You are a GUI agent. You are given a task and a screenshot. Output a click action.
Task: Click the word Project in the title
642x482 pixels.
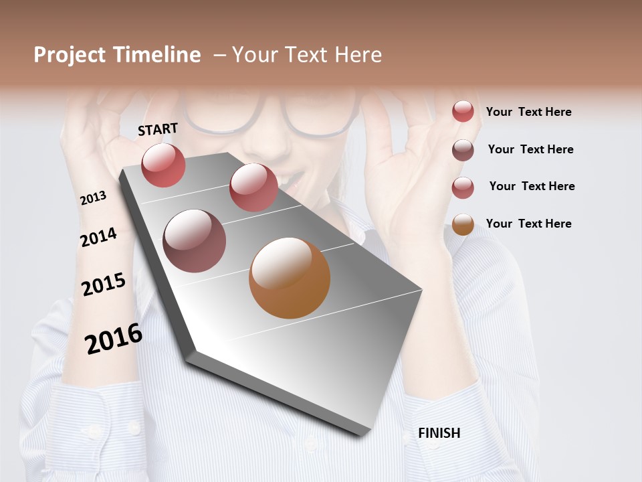click(x=69, y=55)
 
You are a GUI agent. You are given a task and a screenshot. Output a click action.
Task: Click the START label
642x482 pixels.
click(x=158, y=129)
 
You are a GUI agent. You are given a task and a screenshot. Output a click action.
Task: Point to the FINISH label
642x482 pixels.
click(x=439, y=433)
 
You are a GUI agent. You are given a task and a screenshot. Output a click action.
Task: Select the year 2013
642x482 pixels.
click(x=93, y=198)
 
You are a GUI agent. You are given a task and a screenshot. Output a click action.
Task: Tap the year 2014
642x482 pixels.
click(x=98, y=238)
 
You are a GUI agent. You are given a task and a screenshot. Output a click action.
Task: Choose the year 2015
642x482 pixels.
click(x=104, y=285)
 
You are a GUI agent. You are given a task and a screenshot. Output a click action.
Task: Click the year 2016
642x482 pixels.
click(x=114, y=339)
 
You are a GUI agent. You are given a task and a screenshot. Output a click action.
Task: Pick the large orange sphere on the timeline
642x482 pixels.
click(x=290, y=278)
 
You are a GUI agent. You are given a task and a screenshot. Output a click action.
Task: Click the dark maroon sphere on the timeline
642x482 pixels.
click(x=194, y=241)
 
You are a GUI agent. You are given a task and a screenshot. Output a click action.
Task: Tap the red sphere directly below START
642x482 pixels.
click(x=163, y=165)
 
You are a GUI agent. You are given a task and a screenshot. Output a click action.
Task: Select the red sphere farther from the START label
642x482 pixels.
click(x=253, y=187)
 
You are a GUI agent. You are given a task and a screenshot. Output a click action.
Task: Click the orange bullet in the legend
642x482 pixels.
click(x=463, y=224)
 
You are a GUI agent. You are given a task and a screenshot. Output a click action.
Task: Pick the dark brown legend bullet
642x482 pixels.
click(x=463, y=150)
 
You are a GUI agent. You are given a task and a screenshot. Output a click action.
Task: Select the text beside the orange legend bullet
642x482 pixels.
click(x=528, y=224)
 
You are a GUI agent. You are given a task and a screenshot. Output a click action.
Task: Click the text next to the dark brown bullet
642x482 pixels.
click(x=530, y=149)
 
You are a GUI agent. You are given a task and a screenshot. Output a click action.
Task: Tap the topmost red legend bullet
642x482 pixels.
click(x=463, y=111)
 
